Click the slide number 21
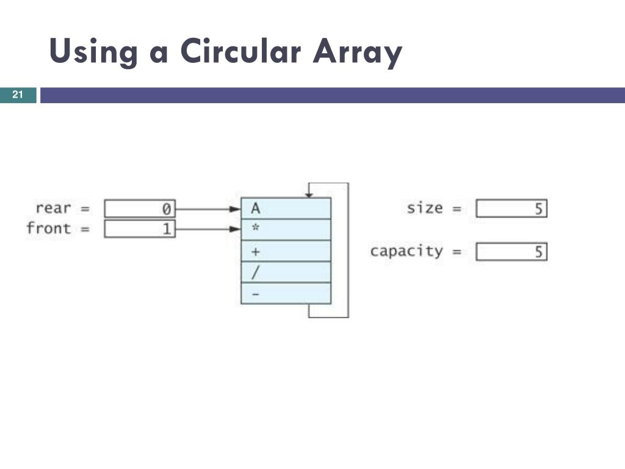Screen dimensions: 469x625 click(18, 95)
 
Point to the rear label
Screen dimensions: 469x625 click(53, 208)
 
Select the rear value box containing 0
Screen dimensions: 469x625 click(140, 209)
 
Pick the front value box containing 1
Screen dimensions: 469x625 click(140, 229)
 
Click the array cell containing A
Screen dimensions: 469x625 click(286, 208)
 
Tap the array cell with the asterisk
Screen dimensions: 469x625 click(286, 230)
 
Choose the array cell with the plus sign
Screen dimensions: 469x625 click(286, 251)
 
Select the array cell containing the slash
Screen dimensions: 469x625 click(286, 272)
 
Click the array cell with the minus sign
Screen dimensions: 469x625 click(286, 294)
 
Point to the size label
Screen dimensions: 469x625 click(425, 208)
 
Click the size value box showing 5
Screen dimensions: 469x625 click(511, 209)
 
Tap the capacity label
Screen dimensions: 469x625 click(406, 252)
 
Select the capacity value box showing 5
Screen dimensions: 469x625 click(511, 252)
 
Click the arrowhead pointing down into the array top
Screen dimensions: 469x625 click(309, 194)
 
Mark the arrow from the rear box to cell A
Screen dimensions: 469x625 click(208, 209)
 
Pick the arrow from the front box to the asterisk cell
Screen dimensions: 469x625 click(208, 230)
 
